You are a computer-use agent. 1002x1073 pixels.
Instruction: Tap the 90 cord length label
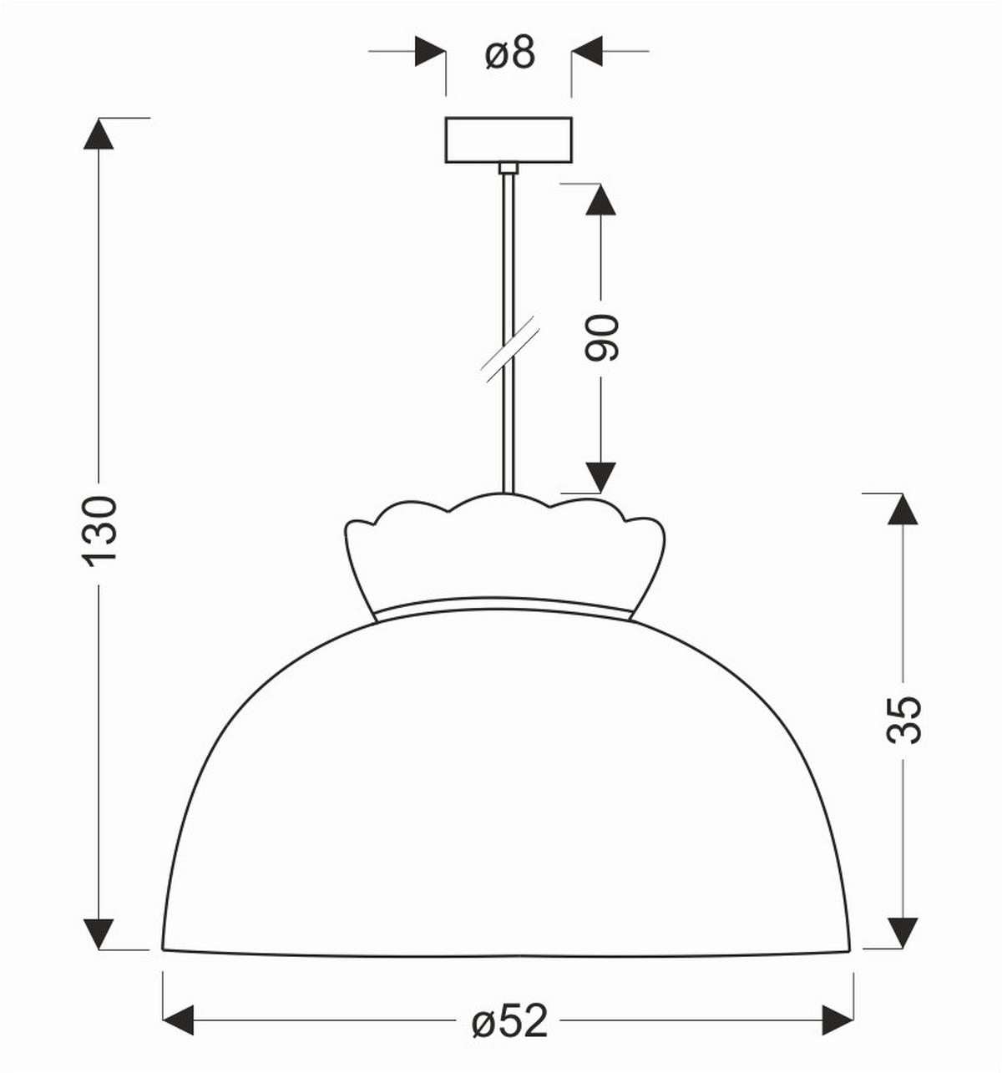601,337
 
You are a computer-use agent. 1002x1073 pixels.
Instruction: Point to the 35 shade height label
903,721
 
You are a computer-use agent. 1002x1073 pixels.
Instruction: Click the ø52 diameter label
509,1022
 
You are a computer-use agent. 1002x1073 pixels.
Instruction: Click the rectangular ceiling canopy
508,139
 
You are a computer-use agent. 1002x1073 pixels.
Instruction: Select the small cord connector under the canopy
508,168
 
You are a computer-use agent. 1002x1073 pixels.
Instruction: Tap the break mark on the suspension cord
510,349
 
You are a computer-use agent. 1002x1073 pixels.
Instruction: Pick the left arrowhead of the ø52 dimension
178,1020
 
